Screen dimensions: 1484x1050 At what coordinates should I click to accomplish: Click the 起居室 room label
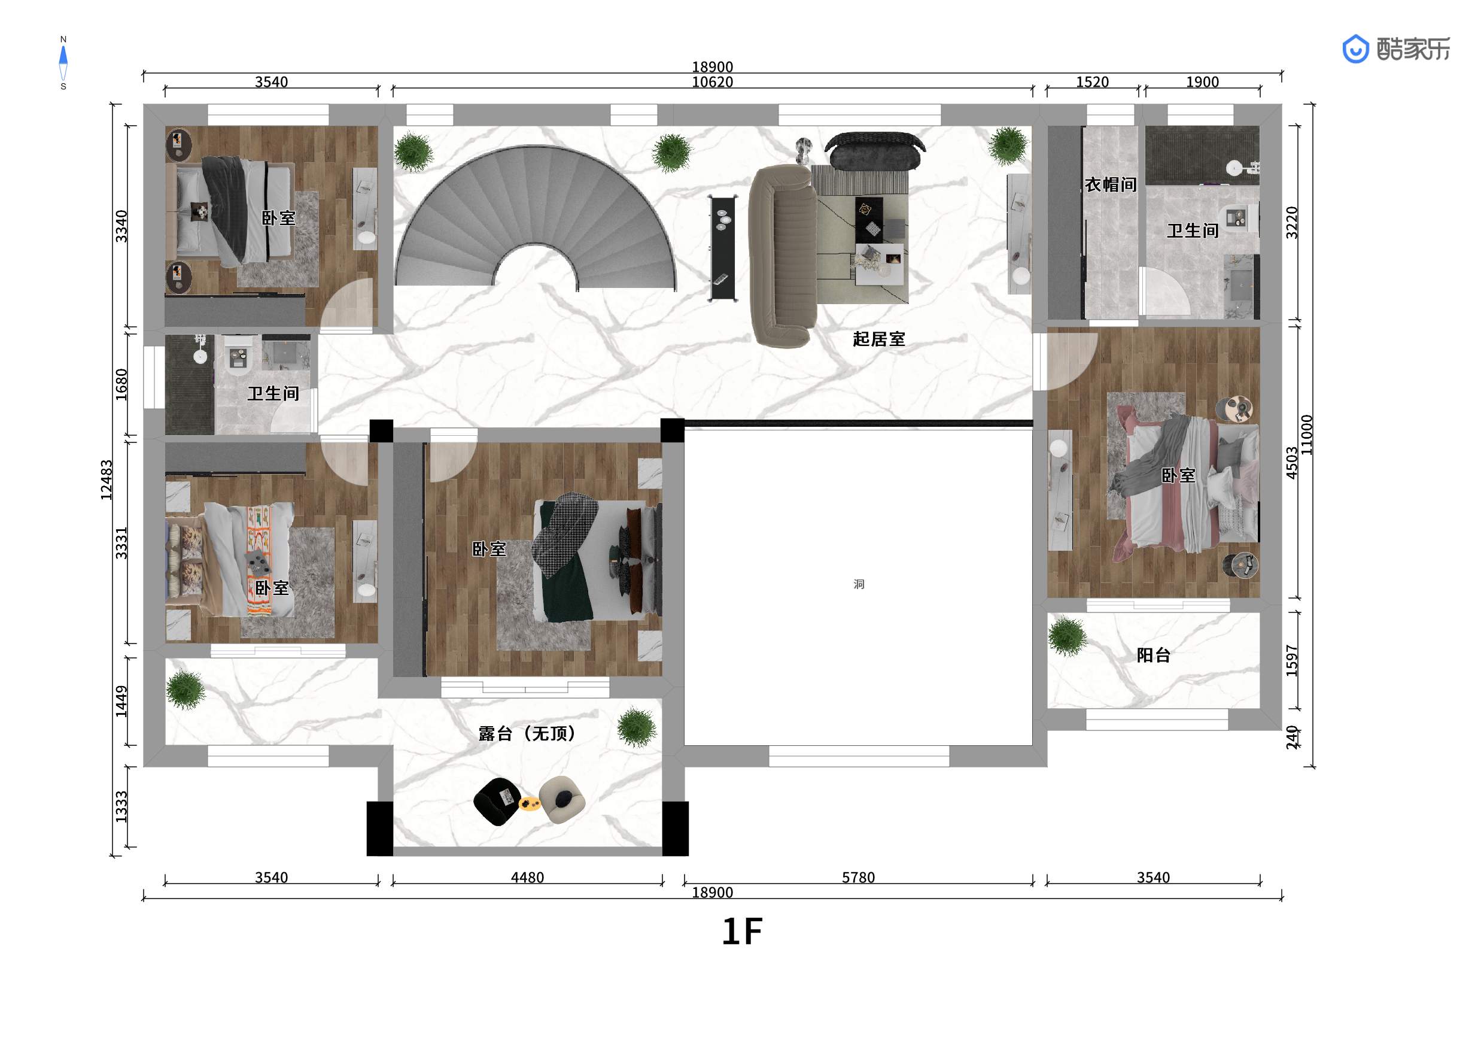878,339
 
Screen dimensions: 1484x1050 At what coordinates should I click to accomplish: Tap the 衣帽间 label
1111,185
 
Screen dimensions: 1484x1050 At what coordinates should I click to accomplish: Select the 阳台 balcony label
1154,655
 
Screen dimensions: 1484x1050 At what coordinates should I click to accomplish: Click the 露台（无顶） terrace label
527,733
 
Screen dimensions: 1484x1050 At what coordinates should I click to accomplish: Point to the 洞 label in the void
858,584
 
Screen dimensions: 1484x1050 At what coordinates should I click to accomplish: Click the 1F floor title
742,931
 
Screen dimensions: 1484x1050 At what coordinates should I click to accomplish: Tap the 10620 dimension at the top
712,82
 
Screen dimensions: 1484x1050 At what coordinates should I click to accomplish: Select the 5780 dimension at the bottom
857,878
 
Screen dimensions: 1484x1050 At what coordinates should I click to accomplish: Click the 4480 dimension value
527,878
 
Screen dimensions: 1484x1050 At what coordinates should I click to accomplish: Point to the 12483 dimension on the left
107,480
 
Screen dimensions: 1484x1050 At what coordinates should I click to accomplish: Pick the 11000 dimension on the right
1306,435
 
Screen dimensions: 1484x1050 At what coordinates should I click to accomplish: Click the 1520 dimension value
1092,82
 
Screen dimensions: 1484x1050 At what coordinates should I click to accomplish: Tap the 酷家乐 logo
1396,49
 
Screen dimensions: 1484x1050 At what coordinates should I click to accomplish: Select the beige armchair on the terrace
562,800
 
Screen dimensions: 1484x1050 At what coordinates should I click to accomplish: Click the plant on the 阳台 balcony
1067,636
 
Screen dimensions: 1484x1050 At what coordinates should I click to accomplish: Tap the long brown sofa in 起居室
782,256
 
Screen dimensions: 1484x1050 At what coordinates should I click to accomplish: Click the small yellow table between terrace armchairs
530,804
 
